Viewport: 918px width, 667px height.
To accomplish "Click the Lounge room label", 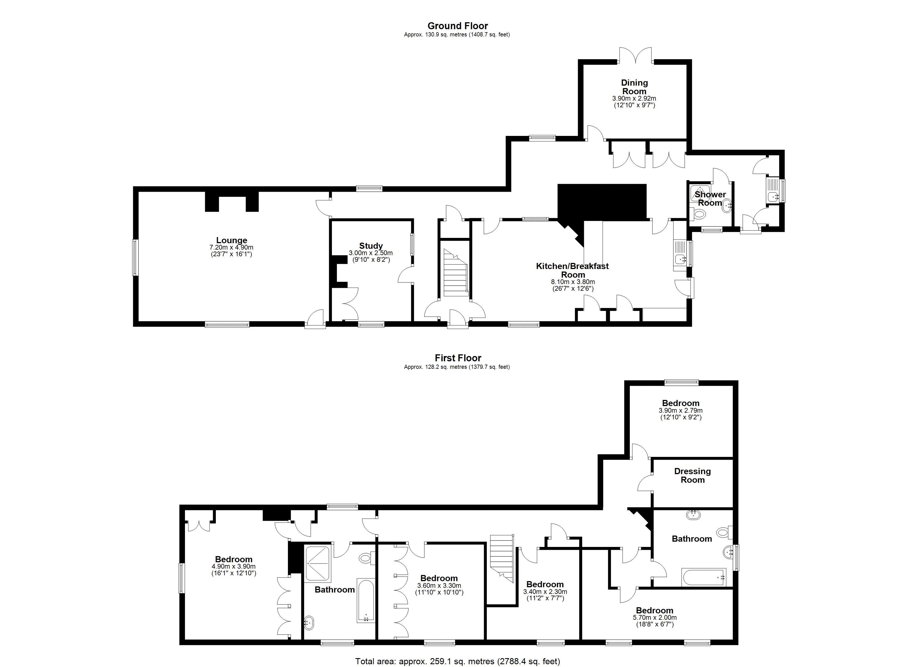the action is click(231, 240).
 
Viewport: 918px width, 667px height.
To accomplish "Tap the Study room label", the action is click(371, 246).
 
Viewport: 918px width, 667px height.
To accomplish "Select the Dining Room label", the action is click(634, 87).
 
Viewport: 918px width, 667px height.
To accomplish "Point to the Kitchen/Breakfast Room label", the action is click(572, 270).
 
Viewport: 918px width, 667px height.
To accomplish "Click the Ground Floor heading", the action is click(458, 26).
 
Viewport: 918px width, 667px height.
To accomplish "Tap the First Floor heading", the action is click(458, 358).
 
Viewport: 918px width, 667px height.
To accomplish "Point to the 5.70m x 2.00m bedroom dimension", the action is click(655, 618).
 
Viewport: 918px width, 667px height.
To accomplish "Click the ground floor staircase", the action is click(456, 273).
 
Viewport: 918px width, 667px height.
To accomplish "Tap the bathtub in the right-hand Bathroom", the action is click(704, 577).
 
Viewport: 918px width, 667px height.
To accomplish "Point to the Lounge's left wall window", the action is click(135, 258).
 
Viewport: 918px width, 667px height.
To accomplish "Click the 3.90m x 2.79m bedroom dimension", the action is click(680, 410).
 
